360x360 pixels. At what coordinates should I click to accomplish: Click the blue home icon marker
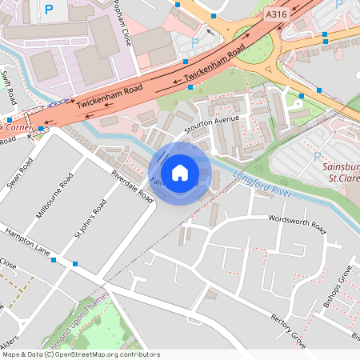click(180, 172)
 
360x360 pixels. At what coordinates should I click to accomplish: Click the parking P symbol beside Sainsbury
click(317, 156)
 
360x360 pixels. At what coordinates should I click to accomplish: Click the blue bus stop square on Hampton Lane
click(75, 263)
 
